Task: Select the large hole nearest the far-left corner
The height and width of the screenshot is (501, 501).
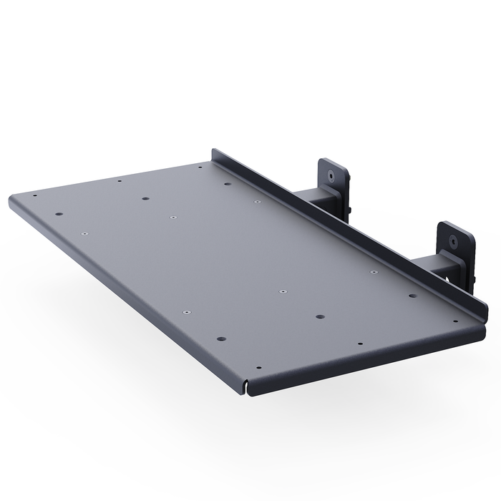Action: click(x=57, y=213)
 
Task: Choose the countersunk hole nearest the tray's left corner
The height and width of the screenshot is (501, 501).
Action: click(x=84, y=233)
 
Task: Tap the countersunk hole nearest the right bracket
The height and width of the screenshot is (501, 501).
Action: click(x=374, y=273)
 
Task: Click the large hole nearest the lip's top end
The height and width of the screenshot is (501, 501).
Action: click(x=228, y=184)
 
